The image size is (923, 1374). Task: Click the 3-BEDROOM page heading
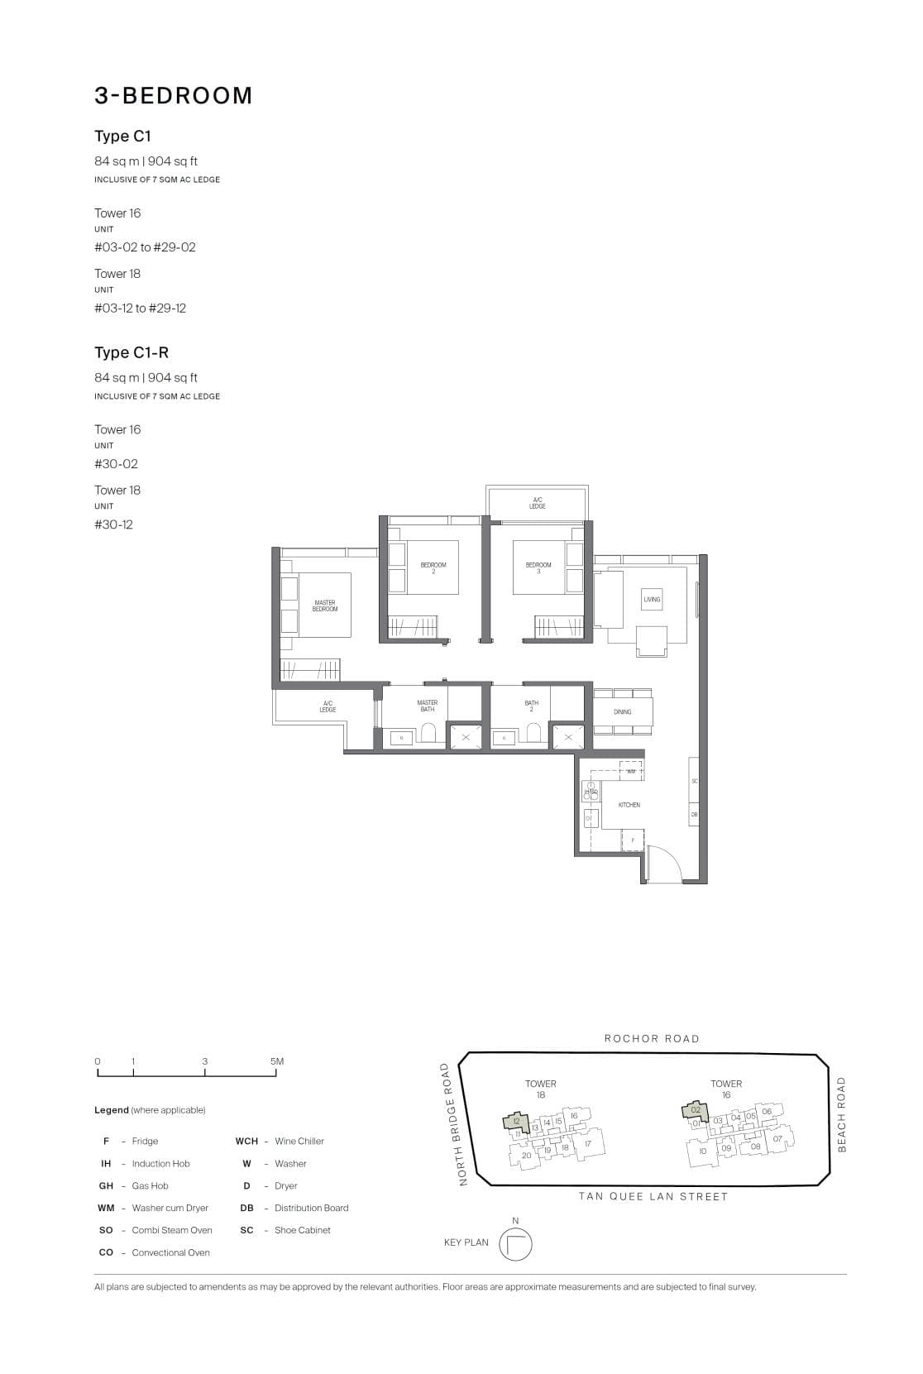tap(173, 96)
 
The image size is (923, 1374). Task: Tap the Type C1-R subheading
tap(132, 352)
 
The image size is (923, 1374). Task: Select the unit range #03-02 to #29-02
tap(145, 247)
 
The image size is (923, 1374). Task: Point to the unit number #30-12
tap(113, 524)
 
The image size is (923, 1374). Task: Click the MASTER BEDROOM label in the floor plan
tap(325, 606)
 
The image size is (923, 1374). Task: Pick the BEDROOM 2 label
tap(433, 567)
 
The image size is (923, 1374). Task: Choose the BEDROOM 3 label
tap(538, 567)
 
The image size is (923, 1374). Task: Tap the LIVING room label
tap(652, 599)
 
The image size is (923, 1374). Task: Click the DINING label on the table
tap(623, 711)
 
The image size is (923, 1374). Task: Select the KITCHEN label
tap(629, 805)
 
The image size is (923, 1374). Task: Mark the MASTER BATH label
tap(427, 706)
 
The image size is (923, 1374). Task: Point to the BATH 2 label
tap(532, 706)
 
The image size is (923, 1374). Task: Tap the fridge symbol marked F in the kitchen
tap(633, 840)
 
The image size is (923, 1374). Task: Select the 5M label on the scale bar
tap(277, 1061)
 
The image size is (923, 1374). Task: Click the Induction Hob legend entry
tap(160, 1164)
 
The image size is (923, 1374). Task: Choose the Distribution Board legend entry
tap(311, 1209)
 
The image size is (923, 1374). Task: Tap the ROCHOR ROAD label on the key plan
tap(652, 1039)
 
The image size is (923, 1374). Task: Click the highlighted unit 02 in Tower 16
tap(696, 1109)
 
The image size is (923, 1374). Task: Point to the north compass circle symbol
tap(515, 1245)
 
